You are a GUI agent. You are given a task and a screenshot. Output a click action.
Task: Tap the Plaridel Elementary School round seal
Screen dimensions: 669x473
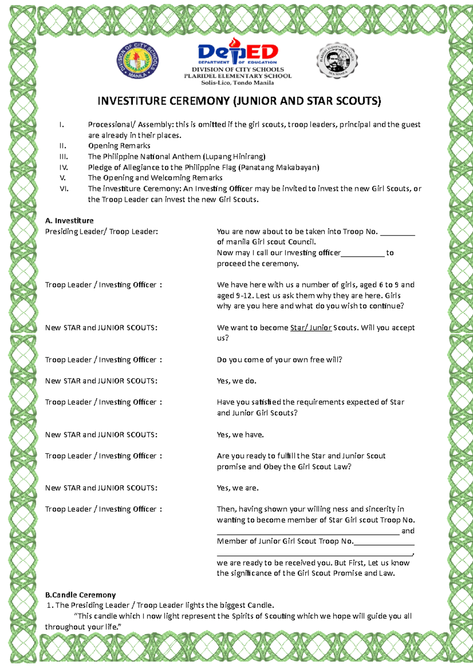(x=337, y=60)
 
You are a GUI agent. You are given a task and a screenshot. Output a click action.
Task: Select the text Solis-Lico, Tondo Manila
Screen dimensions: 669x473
(x=237, y=83)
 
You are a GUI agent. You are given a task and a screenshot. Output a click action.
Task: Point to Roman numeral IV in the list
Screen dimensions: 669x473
(x=63, y=167)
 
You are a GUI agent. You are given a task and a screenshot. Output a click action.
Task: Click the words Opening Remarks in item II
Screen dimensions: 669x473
(x=119, y=146)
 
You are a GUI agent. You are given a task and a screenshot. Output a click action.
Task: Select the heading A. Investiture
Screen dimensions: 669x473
(x=69, y=221)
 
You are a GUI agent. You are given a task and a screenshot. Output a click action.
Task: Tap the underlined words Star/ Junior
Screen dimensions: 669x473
(x=311, y=328)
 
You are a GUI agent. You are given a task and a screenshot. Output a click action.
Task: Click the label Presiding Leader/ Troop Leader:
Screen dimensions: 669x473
(x=101, y=232)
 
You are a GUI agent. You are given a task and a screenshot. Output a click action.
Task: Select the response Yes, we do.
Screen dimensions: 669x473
(x=236, y=381)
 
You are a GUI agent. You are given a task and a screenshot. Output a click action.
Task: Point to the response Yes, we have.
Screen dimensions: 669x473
(x=240, y=435)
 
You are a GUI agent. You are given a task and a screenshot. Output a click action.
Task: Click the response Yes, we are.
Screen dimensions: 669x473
(x=238, y=488)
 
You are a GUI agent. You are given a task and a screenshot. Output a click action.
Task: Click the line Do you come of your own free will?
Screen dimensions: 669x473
(x=279, y=360)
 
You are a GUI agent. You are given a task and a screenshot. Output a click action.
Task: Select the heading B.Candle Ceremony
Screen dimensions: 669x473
(x=80, y=595)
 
